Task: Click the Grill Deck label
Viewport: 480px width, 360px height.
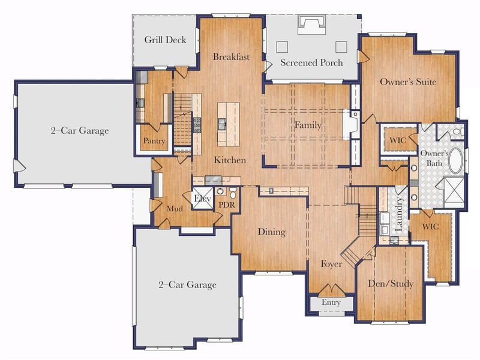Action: point(165,40)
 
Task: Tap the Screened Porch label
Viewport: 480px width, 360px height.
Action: point(311,62)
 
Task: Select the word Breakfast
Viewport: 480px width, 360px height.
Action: point(231,56)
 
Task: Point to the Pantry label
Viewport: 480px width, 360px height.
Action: point(154,141)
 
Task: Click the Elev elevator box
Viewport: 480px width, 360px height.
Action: point(202,199)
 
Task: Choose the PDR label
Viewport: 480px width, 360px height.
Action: point(227,205)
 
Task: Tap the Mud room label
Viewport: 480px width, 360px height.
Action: point(175,209)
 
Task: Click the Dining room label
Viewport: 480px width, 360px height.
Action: point(272,232)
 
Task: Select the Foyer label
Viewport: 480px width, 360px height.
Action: point(331,264)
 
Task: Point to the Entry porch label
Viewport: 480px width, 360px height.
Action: point(331,302)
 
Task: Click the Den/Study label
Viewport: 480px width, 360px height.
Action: point(391,283)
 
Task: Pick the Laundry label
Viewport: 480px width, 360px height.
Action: point(398,214)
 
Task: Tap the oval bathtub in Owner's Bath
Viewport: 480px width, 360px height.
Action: point(456,161)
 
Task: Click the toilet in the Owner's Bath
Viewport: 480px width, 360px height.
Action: point(458,132)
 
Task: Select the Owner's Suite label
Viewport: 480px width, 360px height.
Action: point(408,82)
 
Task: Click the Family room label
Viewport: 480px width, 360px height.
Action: point(308,125)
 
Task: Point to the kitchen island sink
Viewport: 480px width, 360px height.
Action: point(222,125)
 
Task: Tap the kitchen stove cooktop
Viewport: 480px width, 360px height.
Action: point(197,125)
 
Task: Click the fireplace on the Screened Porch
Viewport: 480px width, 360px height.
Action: point(311,24)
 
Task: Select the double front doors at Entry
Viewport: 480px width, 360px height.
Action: point(331,290)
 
